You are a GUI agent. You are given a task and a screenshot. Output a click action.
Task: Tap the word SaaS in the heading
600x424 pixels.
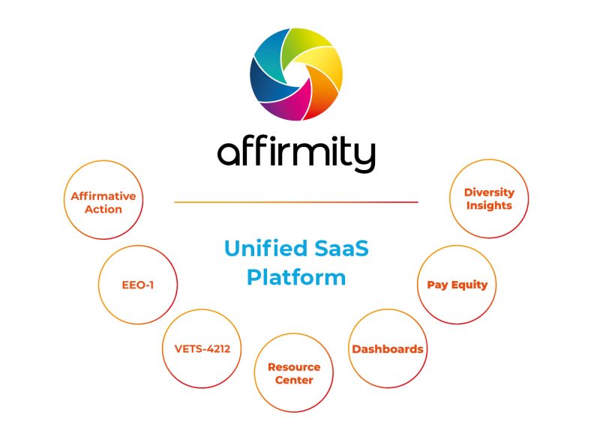(341, 248)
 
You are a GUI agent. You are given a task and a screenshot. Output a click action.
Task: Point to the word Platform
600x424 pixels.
(296, 277)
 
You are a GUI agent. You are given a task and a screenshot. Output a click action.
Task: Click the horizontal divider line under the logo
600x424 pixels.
(296, 202)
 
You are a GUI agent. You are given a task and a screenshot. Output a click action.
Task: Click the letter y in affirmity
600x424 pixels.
(364, 156)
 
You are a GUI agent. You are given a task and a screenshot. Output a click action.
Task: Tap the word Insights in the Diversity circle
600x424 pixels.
(489, 206)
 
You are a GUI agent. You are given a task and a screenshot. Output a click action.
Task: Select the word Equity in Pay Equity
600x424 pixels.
(469, 285)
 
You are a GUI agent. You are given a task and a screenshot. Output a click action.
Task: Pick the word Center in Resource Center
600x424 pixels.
(294, 380)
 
